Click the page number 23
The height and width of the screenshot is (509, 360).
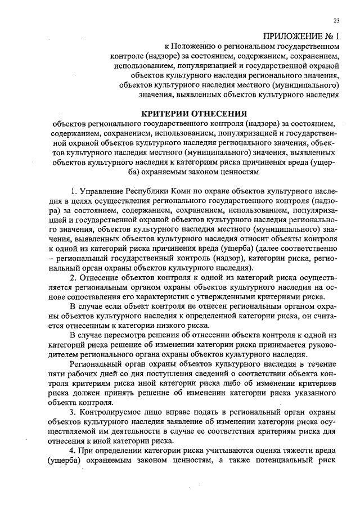tap(336, 21)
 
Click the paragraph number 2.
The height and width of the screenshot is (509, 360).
tap(71, 278)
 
